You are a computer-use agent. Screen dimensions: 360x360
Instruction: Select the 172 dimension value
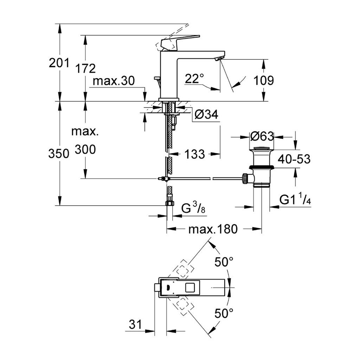[x=85, y=68]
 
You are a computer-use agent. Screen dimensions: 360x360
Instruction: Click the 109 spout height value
[x=264, y=81]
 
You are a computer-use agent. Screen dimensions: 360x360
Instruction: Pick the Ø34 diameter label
[x=206, y=114]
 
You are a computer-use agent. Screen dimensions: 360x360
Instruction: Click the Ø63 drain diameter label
[x=262, y=136]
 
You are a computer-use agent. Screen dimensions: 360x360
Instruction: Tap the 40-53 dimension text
[x=294, y=159]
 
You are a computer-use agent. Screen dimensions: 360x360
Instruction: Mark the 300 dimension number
[x=85, y=150]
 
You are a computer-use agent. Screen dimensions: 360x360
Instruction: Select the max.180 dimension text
[x=213, y=230]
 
